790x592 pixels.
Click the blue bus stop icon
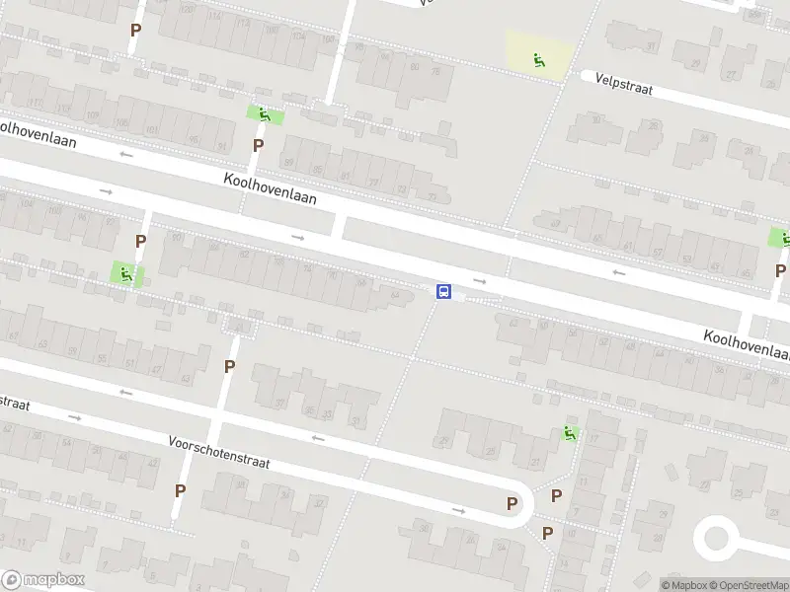pos(444,291)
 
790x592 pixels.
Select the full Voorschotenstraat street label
pos(218,452)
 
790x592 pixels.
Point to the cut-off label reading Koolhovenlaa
pos(747,344)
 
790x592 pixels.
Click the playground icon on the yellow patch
pos(539,60)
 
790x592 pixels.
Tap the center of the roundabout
pos(716,540)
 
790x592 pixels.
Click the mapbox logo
pos(42,580)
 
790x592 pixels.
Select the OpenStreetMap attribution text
pos(748,585)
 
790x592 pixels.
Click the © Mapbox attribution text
pos(684,585)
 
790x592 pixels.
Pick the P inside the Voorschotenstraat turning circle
pos(512,503)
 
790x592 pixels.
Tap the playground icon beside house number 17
pos(569,432)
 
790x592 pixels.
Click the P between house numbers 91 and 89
pos(258,145)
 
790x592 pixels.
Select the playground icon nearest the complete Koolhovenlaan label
pos(264,114)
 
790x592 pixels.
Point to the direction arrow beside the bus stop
pos(480,279)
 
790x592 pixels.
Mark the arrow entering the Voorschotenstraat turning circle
pos(458,510)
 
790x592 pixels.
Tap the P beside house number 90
pos(141,241)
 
